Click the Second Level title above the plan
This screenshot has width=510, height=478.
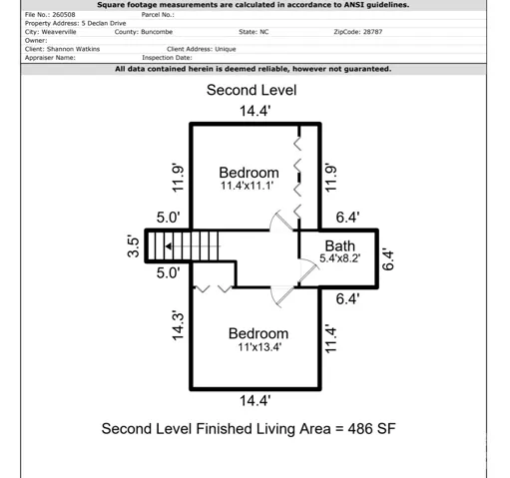(x=252, y=90)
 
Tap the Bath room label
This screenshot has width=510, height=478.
(x=340, y=246)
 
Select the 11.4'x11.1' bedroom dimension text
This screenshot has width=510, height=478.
(x=248, y=186)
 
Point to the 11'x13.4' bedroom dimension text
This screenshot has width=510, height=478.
(x=259, y=347)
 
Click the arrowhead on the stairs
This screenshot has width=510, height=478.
(x=169, y=246)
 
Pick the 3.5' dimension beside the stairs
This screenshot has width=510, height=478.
(x=133, y=246)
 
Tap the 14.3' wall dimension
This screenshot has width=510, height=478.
(x=178, y=326)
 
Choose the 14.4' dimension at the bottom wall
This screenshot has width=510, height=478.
(x=255, y=400)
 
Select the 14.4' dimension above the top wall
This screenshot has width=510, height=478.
(x=255, y=111)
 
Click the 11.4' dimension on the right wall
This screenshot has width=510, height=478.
(x=330, y=338)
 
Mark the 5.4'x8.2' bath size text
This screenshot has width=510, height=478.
(x=340, y=258)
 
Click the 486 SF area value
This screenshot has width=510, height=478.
(x=371, y=429)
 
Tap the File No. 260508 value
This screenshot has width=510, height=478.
(x=64, y=15)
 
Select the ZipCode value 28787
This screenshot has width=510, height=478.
(x=372, y=32)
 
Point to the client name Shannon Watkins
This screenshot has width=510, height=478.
(x=73, y=49)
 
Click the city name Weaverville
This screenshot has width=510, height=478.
(x=59, y=32)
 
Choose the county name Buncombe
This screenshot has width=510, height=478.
(x=157, y=32)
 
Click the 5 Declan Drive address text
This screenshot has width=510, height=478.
(x=104, y=23)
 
